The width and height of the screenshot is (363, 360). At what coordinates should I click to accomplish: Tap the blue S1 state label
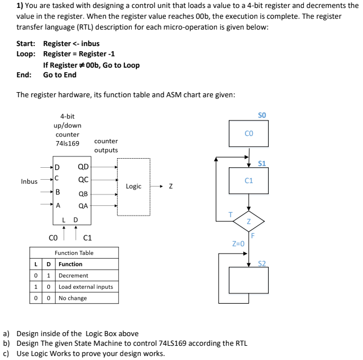262,164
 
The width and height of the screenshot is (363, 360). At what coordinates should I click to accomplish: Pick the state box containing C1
248,181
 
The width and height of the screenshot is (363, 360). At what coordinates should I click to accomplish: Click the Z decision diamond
248,221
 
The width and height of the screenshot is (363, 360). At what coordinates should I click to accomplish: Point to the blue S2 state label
262,263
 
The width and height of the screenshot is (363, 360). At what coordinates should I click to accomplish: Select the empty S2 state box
248,279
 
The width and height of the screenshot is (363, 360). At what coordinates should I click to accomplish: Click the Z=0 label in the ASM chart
238,243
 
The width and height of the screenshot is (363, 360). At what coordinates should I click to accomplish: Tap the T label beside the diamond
231,214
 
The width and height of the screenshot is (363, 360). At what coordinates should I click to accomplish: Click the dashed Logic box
133,187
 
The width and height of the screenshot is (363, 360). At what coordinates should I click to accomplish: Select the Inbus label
29,181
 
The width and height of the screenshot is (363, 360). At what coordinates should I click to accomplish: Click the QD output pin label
82,167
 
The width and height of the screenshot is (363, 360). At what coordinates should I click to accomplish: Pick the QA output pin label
82,206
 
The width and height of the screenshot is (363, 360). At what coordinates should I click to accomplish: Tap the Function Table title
74,253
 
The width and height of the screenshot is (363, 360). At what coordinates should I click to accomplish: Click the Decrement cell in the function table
73,275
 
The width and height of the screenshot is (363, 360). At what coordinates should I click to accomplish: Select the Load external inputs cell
86,287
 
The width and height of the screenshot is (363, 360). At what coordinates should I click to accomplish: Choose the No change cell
73,298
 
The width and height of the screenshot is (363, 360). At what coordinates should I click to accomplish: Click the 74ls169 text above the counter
67,143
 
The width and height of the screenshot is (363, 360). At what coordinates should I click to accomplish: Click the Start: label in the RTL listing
26,44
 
